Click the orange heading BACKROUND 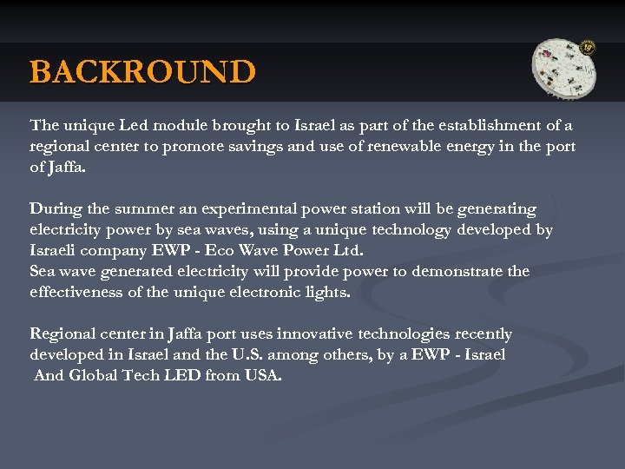[142, 71]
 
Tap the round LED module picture [564, 69]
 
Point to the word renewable [393, 147]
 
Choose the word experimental [249, 209]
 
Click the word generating [497, 209]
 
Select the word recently [479, 334]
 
